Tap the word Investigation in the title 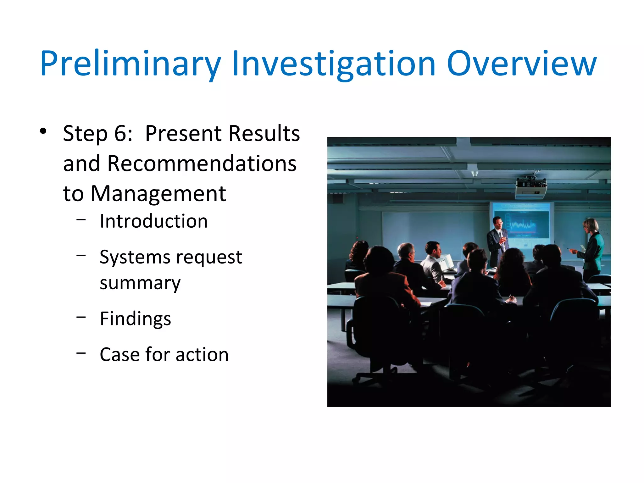[333, 64]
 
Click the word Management [158, 193]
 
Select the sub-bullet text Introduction [153, 221]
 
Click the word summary [140, 283]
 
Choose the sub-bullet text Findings [135, 319]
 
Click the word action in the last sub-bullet [202, 355]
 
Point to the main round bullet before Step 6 [43, 131]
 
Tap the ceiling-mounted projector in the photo [530, 188]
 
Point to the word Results [264, 133]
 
